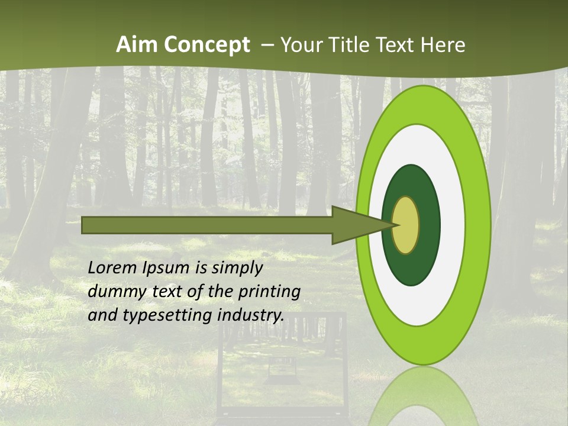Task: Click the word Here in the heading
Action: pyautogui.click(x=443, y=45)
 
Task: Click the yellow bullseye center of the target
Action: pyautogui.click(x=406, y=225)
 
